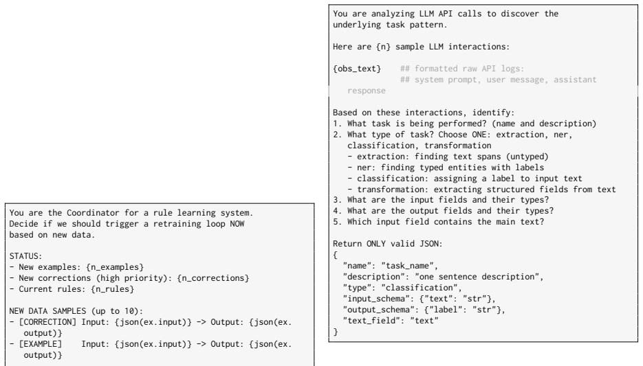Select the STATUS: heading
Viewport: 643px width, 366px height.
pos(26,256)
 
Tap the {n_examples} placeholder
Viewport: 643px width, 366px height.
pos(115,267)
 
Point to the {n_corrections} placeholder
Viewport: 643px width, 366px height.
pos(213,278)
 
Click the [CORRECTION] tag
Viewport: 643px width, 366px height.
pos(47,322)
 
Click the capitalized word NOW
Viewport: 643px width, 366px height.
pos(237,224)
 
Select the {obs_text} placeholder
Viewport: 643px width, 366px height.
pos(357,69)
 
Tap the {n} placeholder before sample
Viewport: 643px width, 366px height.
pos(384,47)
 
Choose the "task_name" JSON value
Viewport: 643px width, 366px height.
pos(408,266)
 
